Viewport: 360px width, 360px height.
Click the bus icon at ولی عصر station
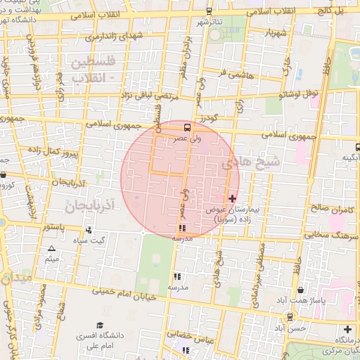coord(187,128)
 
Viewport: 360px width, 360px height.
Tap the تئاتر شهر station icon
coord(210,11)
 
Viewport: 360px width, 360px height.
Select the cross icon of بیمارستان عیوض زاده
coord(233,199)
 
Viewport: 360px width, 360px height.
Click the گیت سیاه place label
coord(99,241)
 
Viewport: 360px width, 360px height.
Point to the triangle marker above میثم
coord(51,249)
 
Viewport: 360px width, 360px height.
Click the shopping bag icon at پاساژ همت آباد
coord(302,290)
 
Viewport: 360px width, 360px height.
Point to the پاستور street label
coord(52,227)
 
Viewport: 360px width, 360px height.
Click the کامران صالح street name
coord(323,209)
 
